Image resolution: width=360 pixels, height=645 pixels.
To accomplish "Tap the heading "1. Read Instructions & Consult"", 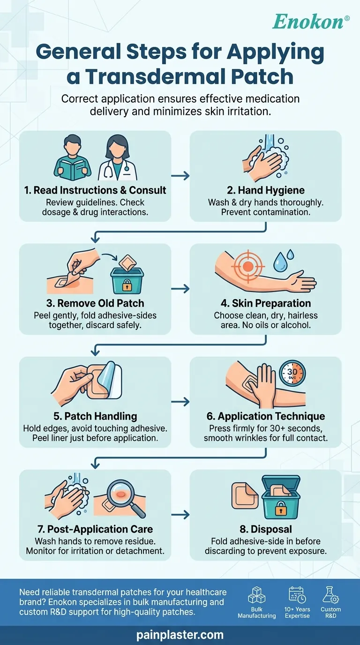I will point(95,191).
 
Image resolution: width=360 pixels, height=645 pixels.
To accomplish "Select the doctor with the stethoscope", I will point(118,157).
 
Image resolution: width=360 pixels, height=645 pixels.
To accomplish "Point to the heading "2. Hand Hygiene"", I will point(265,191).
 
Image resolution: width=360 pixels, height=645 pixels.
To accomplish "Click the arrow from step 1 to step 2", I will point(180,176).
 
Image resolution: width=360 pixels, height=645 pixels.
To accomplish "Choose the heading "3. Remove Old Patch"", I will point(95,303).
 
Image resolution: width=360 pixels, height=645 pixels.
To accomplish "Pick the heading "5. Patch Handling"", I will point(95,416).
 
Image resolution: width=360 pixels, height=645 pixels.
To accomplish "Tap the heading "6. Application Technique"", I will point(265,416).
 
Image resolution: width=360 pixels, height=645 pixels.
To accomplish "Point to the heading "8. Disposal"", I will point(265,529).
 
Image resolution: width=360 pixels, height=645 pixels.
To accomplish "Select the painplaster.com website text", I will point(180,635).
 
